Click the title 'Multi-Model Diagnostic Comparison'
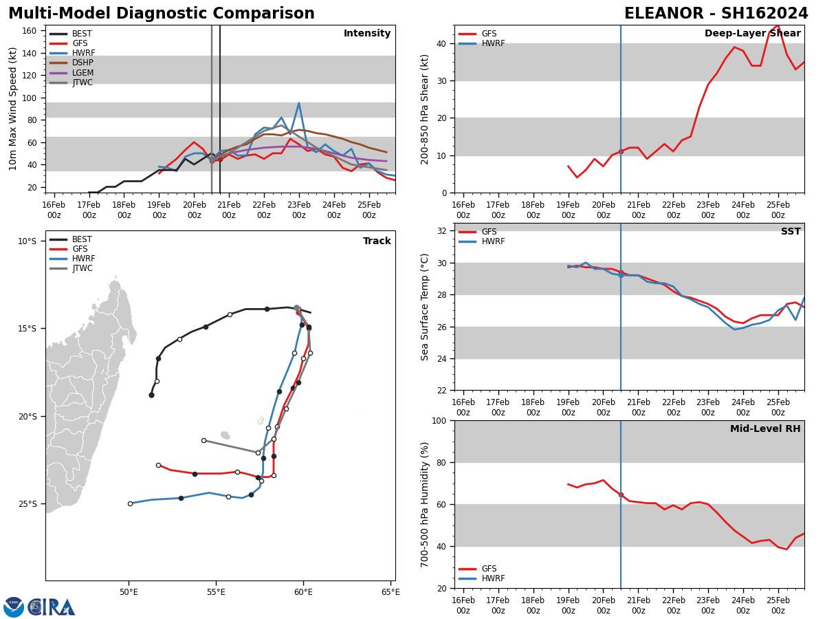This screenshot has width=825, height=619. click(x=162, y=14)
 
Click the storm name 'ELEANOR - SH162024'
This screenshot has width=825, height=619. click(x=716, y=14)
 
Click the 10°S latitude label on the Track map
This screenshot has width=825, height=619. click(x=27, y=241)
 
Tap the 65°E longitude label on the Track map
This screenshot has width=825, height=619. click(x=390, y=593)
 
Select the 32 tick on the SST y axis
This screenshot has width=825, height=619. click(x=443, y=231)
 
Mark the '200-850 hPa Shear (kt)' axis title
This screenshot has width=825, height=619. click(x=425, y=109)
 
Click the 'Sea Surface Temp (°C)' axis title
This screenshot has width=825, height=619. click(x=425, y=307)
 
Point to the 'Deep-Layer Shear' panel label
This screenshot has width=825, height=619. click(x=752, y=34)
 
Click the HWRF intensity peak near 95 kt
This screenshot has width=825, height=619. click(x=298, y=103)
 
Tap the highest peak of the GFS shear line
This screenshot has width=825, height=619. click(x=778, y=25)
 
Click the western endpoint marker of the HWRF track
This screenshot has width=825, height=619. click(x=130, y=503)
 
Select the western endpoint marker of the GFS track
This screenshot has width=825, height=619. click(x=158, y=465)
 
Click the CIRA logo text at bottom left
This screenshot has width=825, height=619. click(x=52, y=607)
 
